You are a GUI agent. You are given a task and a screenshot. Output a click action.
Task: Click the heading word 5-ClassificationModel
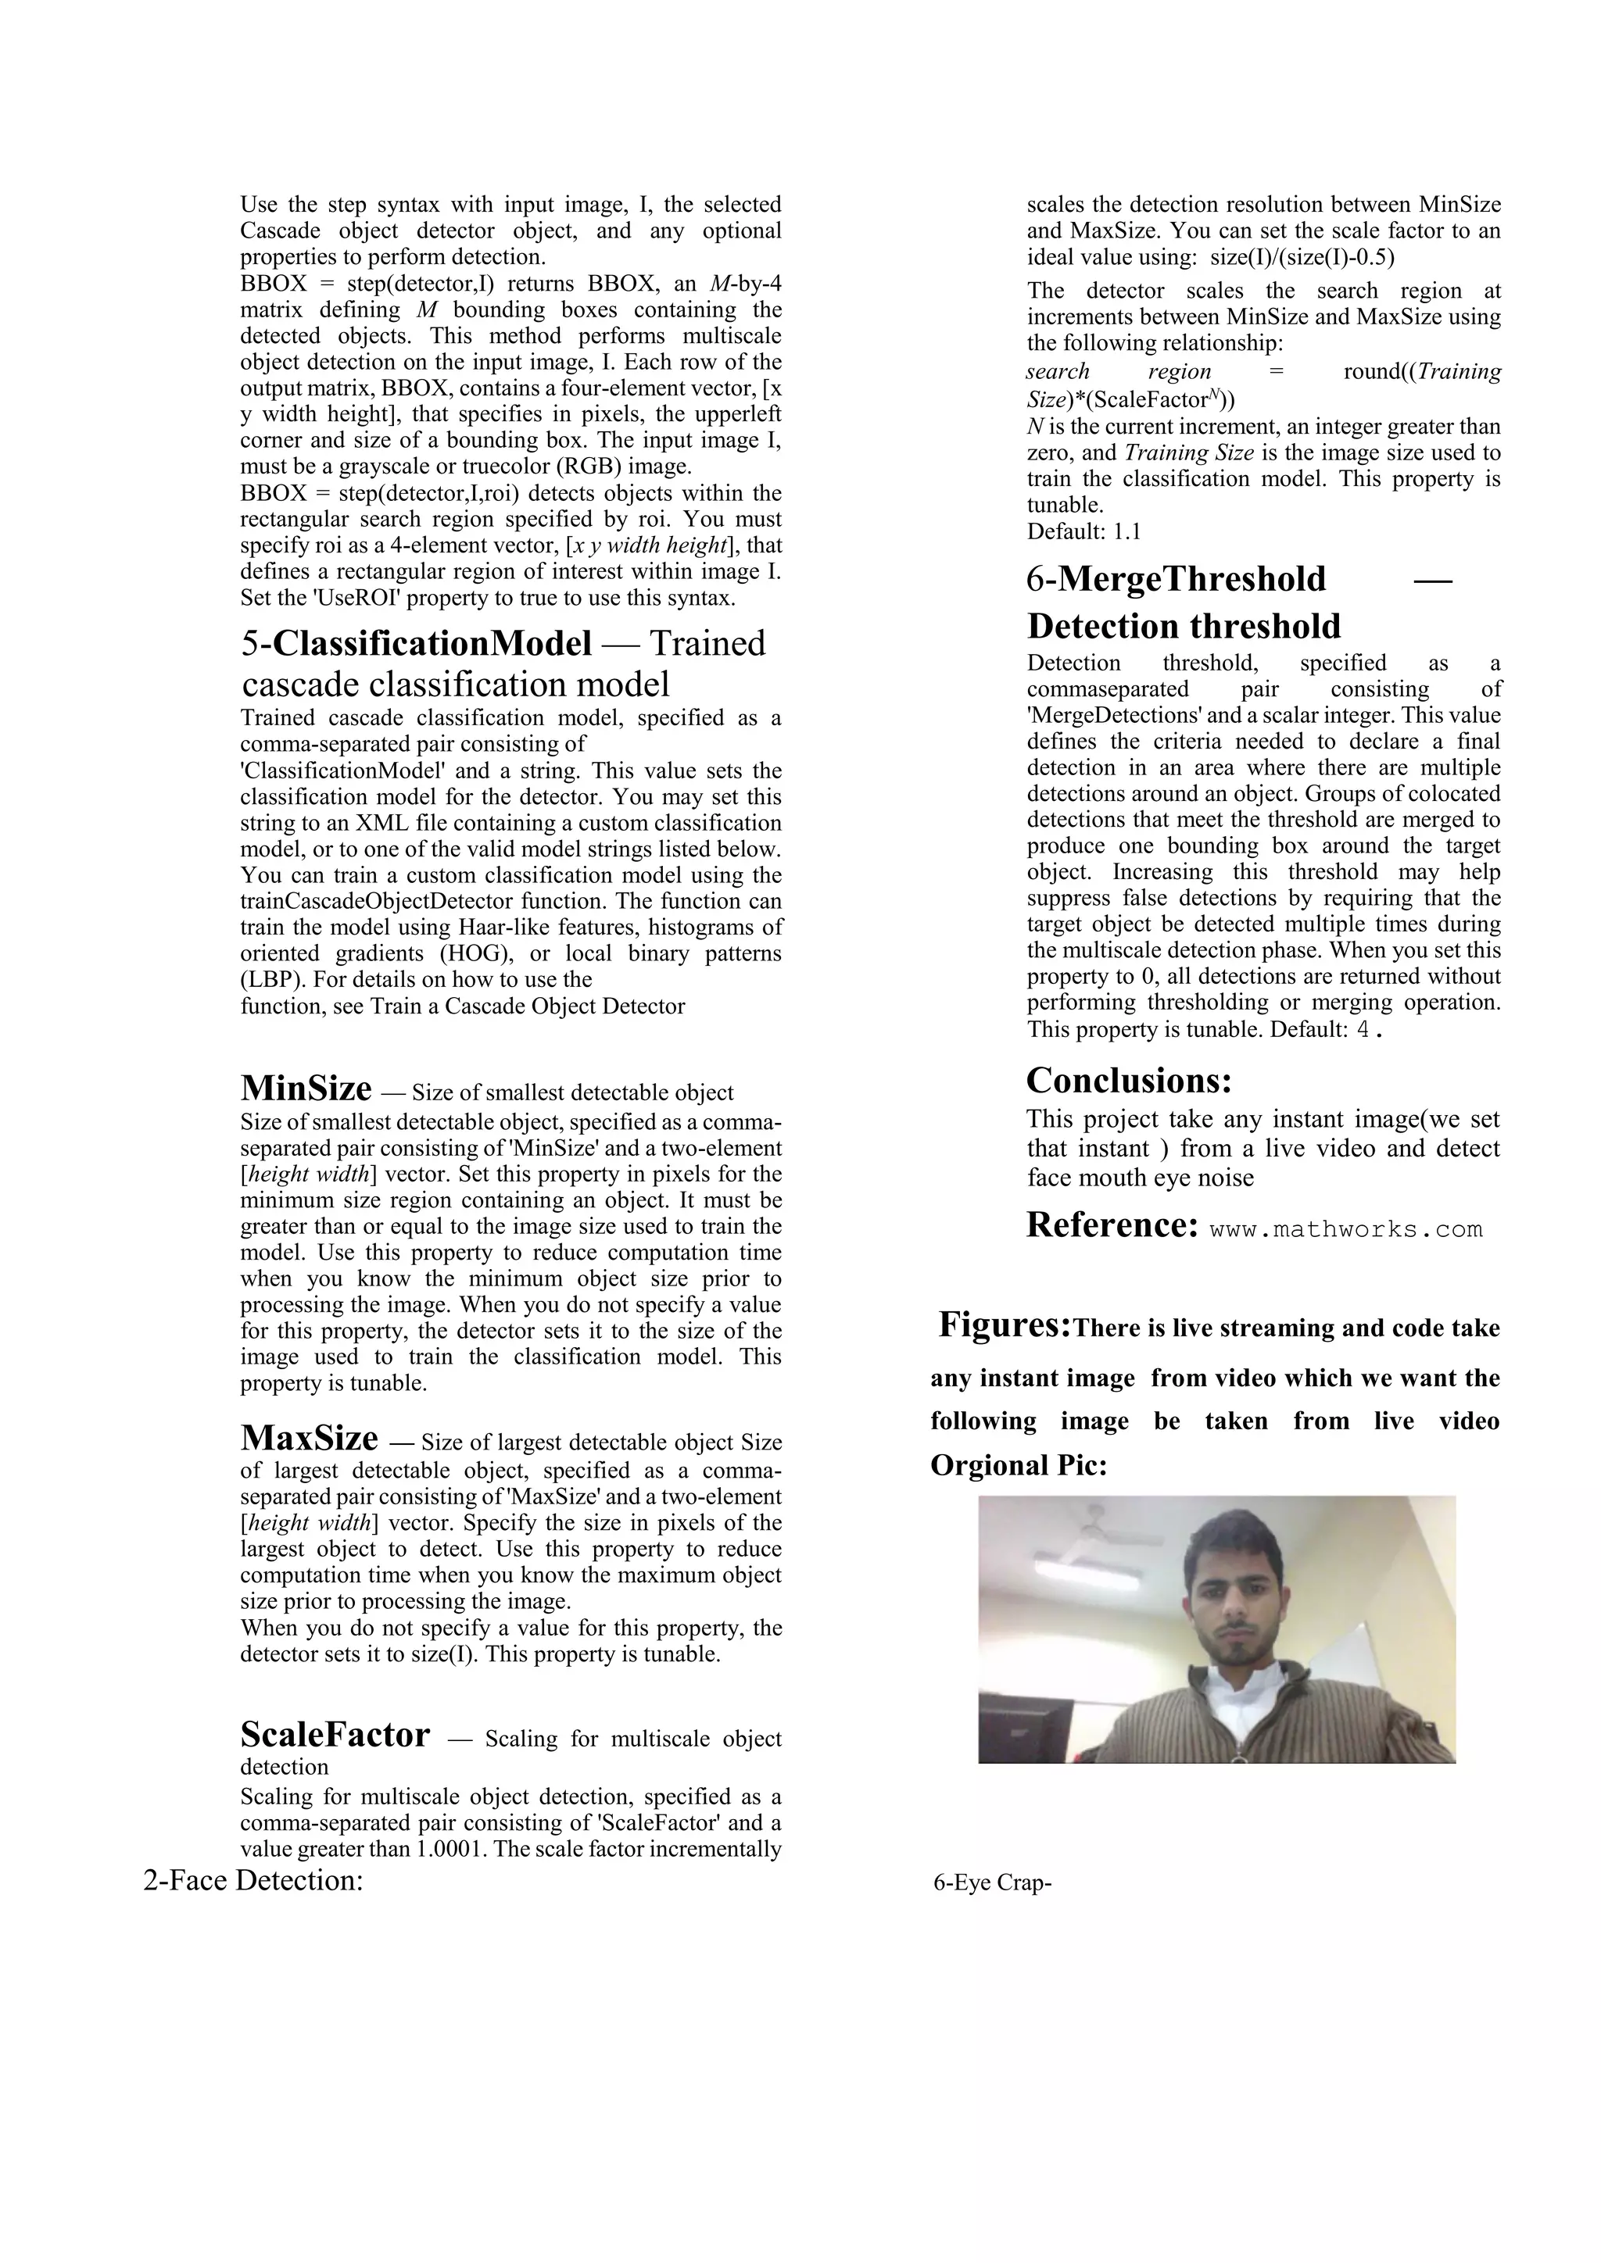point(416,644)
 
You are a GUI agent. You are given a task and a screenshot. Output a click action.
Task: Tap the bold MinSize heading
point(306,1089)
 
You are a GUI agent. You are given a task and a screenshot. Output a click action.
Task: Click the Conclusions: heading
point(1129,1080)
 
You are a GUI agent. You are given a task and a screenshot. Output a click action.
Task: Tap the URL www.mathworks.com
point(1345,1229)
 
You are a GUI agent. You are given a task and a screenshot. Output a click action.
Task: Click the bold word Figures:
point(1004,1325)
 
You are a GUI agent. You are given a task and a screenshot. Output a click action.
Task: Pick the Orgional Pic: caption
point(1019,1466)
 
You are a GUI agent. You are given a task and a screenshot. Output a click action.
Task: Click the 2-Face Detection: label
point(253,1881)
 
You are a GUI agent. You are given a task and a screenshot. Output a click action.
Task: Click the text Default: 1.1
point(1083,531)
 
